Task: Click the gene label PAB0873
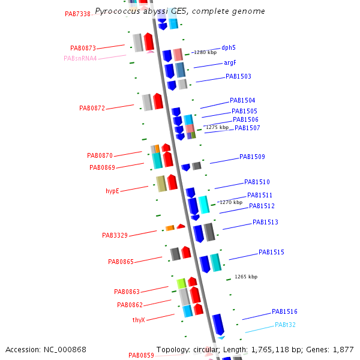[x=83, y=48]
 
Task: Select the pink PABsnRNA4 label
[x=80, y=58]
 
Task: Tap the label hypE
[x=112, y=191]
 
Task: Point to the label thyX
[x=139, y=320]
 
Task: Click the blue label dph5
[x=229, y=47]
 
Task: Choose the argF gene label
[x=230, y=62]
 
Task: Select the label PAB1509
[x=252, y=157]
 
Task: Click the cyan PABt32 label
[x=285, y=325]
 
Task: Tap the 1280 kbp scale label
[x=205, y=52]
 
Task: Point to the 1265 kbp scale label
[x=245, y=277]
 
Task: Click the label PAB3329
[x=115, y=235]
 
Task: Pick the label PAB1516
[x=284, y=312]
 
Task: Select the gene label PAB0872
[x=92, y=109]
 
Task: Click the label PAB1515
[x=271, y=253]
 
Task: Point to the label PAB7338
[x=77, y=14]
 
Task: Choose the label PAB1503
[x=238, y=77]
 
